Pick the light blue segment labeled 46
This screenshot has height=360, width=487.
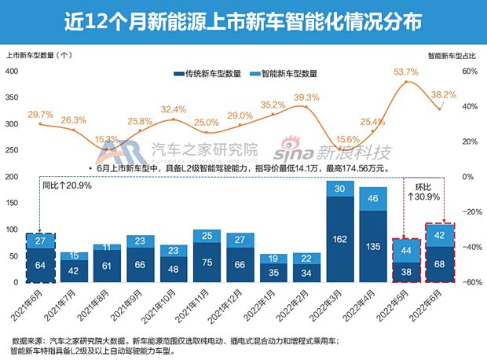pos(374,199)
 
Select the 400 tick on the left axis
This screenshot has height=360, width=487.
pos(12,71)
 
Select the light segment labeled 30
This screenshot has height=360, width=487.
pos(340,189)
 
